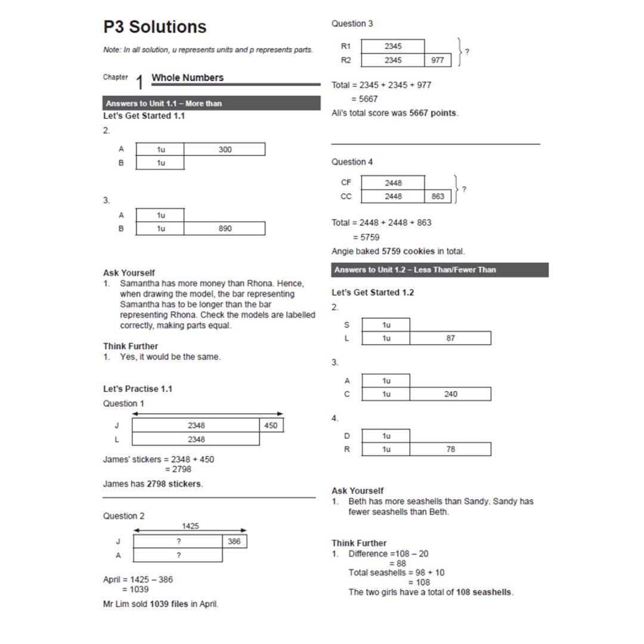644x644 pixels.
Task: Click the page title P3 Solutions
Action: pos(154,27)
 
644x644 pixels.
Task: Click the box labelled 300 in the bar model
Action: pos(224,150)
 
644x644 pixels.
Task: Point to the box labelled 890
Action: pos(224,228)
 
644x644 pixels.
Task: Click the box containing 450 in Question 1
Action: pos(271,425)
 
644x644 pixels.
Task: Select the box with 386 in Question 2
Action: pos(234,541)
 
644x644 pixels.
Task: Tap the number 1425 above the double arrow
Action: pos(190,526)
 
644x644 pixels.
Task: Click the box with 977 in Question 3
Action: pos(438,60)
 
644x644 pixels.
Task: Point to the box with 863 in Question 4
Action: pos(438,196)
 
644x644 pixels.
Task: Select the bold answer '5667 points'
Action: pos(433,113)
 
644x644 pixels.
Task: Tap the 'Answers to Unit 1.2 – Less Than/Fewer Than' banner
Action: pos(439,270)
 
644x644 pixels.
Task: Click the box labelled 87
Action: pos(450,338)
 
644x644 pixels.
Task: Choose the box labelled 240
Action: pos(450,394)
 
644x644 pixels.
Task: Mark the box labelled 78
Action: pos(450,449)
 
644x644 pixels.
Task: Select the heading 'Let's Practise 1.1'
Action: pos(138,389)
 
